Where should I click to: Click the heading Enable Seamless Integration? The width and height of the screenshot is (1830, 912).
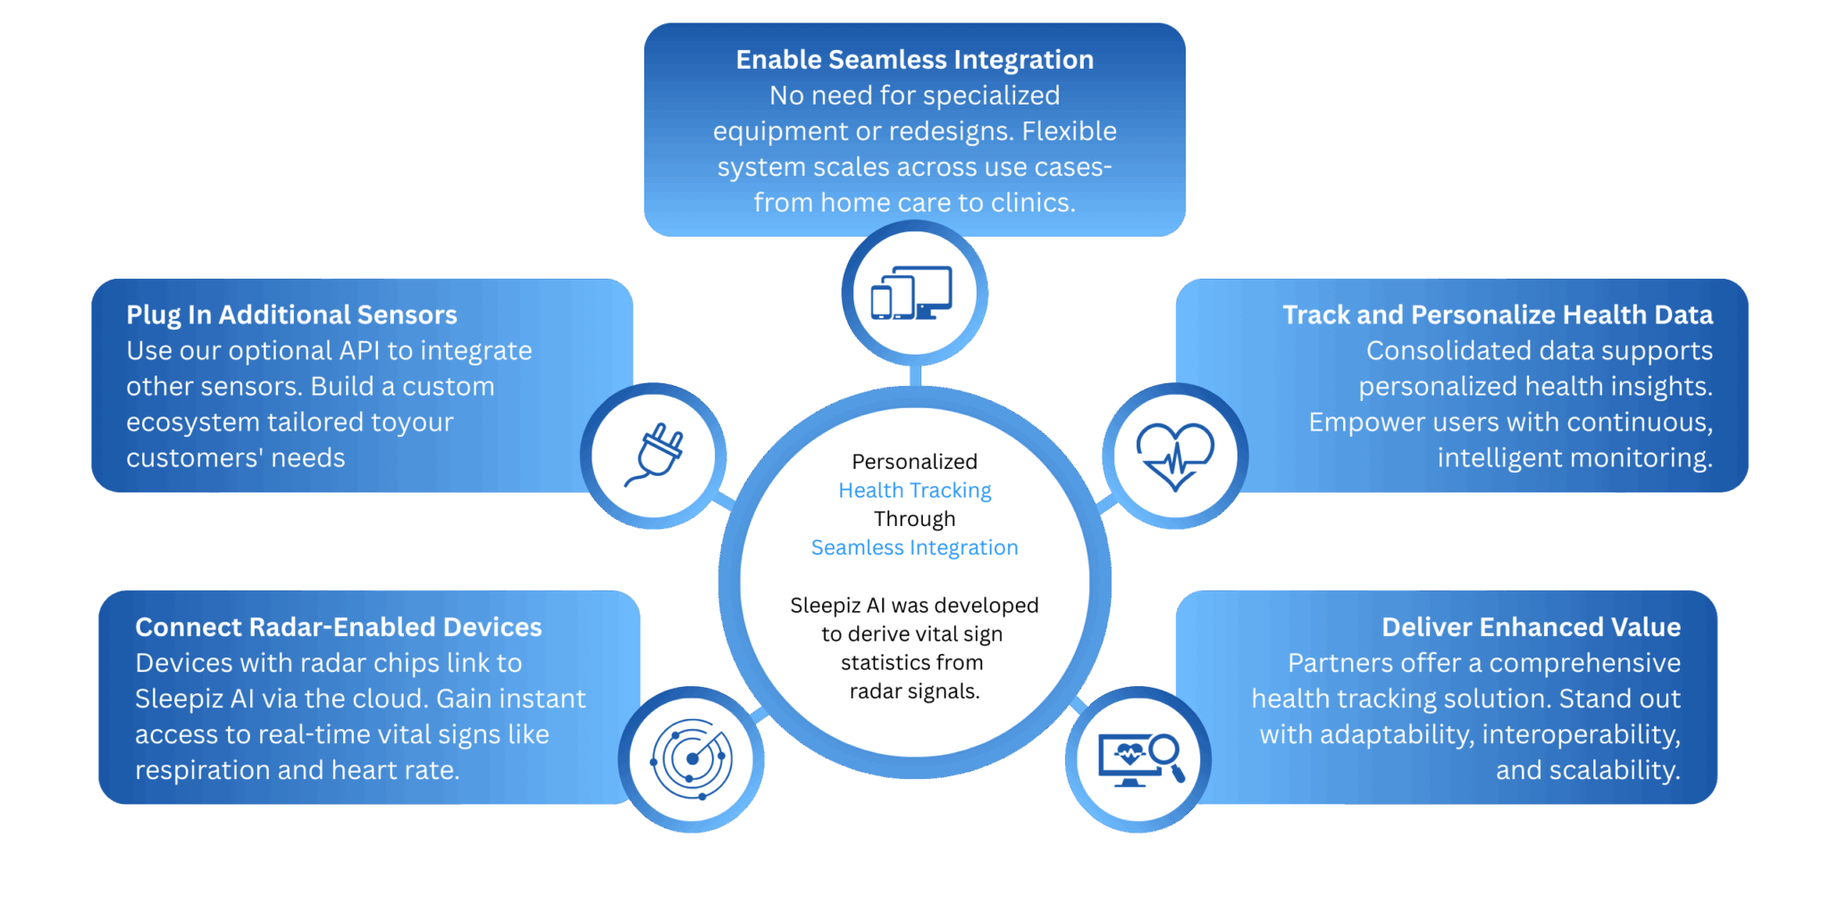tap(914, 60)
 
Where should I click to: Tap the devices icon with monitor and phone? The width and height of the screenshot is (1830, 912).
tap(913, 293)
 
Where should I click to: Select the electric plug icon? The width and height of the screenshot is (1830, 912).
tap(655, 455)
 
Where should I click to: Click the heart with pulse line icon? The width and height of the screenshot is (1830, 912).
tap(1174, 455)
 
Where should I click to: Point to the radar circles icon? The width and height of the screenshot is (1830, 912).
tap(692, 759)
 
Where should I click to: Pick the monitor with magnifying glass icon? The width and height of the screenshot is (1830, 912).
tap(1138, 759)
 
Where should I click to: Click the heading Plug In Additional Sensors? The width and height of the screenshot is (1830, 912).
tap(291, 315)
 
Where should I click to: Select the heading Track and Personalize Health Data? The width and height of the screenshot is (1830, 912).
tap(1497, 315)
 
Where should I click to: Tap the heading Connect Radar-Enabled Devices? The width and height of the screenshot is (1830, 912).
tap(338, 627)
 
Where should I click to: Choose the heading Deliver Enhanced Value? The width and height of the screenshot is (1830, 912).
tap(1531, 627)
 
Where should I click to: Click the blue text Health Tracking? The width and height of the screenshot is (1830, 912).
tap(914, 490)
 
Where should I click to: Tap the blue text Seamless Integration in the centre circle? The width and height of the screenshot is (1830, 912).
tap(914, 548)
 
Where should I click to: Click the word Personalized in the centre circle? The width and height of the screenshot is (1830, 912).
tap(914, 462)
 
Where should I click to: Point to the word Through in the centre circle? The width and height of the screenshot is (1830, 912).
tap(914, 519)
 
